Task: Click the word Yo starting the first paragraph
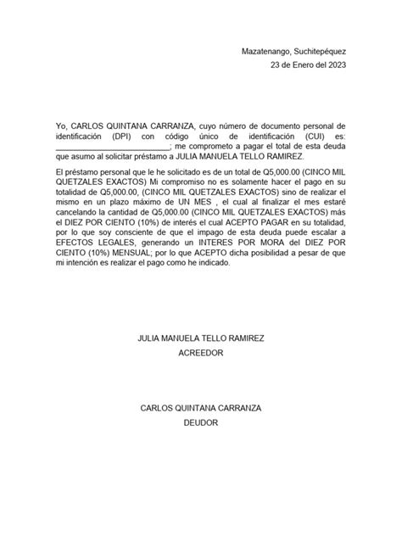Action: coord(59,125)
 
